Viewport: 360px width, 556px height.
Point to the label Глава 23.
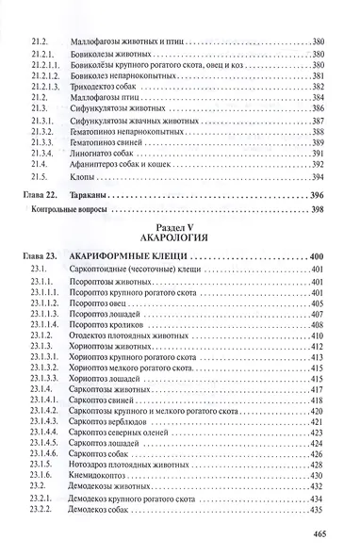coord(41,257)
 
